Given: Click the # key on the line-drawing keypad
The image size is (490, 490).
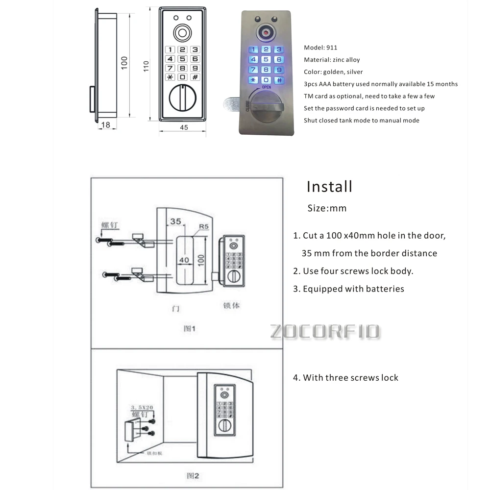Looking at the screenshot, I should pyautogui.click(x=195, y=77).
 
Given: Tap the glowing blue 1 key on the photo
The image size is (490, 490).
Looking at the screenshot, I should pyautogui.click(x=254, y=49).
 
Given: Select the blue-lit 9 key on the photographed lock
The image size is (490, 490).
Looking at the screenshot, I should pyautogui.click(x=278, y=70).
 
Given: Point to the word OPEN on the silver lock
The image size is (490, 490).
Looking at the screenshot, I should pyautogui.click(x=266, y=87).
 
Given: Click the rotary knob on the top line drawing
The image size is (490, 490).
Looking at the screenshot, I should pyautogui.click(x=182, y=98).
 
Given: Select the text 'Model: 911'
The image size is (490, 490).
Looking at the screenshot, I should pyautogui.click(x=320, y=48).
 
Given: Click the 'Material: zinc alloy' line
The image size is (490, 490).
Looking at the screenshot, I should pyautogui.click(x=332, y=60).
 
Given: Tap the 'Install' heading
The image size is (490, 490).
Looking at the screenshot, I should pyautogui.click(x=329, y=186).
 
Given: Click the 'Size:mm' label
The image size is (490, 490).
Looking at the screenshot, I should pyautogui.click(x=327, y=208).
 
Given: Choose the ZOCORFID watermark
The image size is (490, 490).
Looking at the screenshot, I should pyautogui.click(x=325, y=331).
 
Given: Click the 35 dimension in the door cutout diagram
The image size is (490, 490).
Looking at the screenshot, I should pyautogui.click(x=175, y=221).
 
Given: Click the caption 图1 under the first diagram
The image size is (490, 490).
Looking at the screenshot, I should pyautogui.click(x=189, y=328).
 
